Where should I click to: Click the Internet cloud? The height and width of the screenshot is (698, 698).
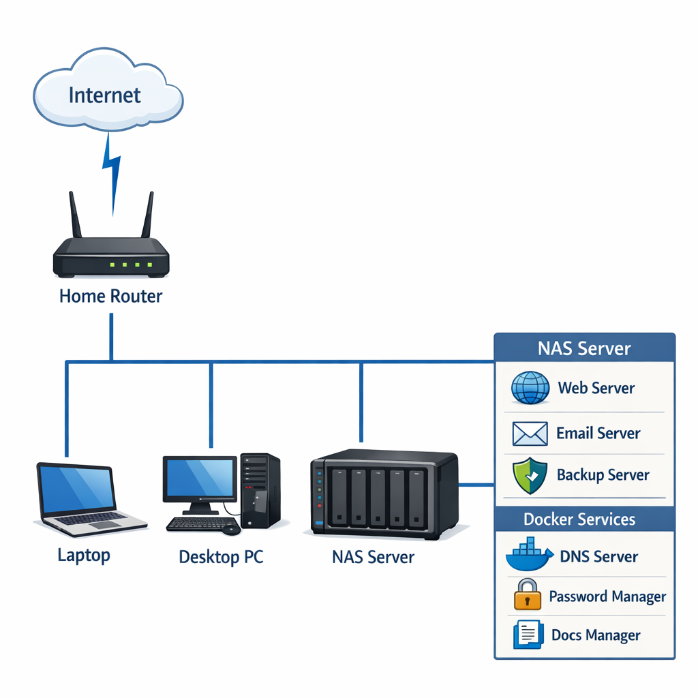(108, 92)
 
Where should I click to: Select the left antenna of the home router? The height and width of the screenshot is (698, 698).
(75, 215)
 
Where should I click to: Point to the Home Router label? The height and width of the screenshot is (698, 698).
(111, 297)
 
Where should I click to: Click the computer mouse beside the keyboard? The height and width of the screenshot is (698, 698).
(231, 529)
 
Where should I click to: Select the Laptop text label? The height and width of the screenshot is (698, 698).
(84, 555)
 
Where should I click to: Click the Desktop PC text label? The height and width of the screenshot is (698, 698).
(221, 557)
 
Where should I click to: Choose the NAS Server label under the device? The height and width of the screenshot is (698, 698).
(373, 557)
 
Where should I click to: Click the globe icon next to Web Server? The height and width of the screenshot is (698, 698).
(530, 388)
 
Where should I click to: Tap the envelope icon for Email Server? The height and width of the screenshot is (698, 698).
(529, 433)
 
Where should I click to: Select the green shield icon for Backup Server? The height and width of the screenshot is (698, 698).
(530, 476)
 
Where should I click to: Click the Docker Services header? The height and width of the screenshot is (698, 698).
(579, 519)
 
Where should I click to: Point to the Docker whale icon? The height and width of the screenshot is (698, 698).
(529, 556)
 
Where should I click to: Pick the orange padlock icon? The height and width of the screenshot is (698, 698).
(527, 595)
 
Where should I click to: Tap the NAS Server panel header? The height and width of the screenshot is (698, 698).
(584, 348)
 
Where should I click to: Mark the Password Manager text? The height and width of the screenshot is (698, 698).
(607, 597)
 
